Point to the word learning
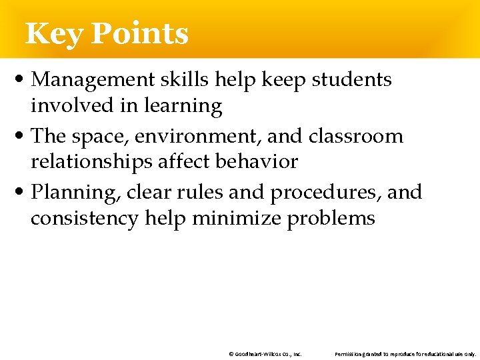(x=181, y=106)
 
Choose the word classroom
(x=355, y=137)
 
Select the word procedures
(x=325, y=193)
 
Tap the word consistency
(x=81, y=218)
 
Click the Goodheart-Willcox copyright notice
(x=265, y=354)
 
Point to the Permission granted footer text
(x=405, y=354)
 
